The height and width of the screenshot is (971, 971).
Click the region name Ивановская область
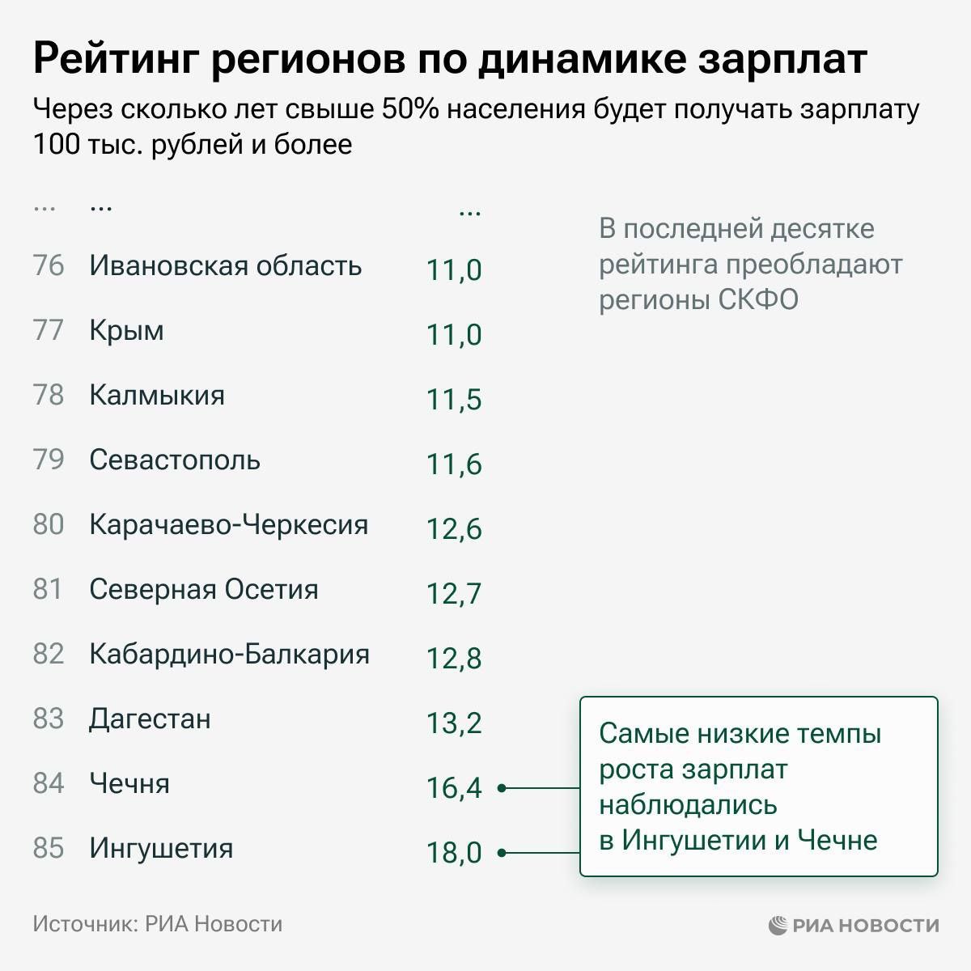(x=225, y=265)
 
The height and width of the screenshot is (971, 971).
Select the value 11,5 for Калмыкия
(x=454, y=399)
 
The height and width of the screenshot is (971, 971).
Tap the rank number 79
(x=49, y=460)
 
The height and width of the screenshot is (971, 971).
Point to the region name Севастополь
(x=175, y=460)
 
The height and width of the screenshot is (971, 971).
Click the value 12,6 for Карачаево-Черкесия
(x=454, y=528)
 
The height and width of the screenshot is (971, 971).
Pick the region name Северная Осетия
(x=204, y=589)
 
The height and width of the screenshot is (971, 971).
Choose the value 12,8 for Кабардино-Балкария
(x=454, y=658)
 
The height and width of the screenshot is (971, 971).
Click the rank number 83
(x=49, y=719)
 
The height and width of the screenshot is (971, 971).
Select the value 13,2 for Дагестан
(x=454, y=723)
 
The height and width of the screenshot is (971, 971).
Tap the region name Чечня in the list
(x=129, y=783)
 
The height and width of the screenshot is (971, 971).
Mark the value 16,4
(x=454, y=787)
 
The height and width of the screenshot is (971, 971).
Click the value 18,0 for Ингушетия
(x=454, y=852)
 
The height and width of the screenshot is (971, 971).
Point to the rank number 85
(x=49, y=848)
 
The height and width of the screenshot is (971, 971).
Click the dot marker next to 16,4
(x=502, y=787)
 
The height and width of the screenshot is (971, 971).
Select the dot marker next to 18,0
(x=502, y=852)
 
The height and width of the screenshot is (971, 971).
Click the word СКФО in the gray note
(x=758, y=299)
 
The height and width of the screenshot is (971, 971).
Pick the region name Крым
(x=126, y=330)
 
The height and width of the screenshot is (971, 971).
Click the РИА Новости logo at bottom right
(x=854, y=925)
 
